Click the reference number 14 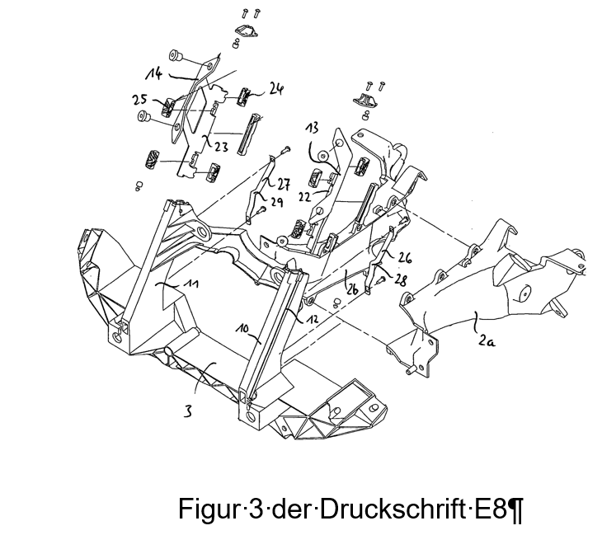(154, 73)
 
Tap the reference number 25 (139, 99)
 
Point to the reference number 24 (275, 89)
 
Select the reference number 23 (221, 147)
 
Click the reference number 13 (313, 129)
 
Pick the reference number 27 (284, 184)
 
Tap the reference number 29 (276, 202)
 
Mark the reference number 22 (305, 197)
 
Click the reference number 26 (404, 258)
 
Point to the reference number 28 (400, 280)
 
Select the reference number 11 (191, 284)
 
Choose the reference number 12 (312, 318)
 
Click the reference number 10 (243, 329)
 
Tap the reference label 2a (487, 340)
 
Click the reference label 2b (352, 289)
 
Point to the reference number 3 (188, 412)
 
